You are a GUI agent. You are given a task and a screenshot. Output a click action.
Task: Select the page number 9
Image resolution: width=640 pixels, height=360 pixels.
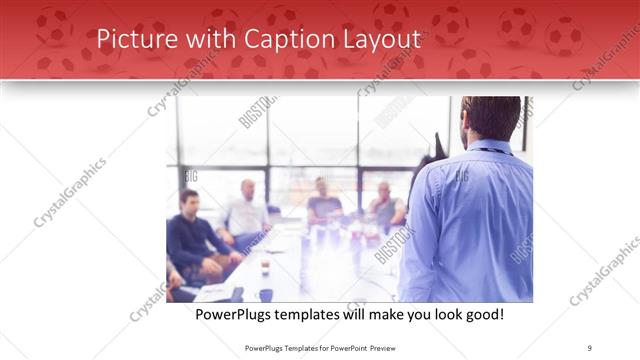[x=589, y=347]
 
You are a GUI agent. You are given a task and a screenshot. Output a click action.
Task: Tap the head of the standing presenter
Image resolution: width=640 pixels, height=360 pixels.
[x=492, y=118]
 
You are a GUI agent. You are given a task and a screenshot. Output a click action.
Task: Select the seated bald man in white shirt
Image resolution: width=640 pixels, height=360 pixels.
[x=246, y=210]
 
